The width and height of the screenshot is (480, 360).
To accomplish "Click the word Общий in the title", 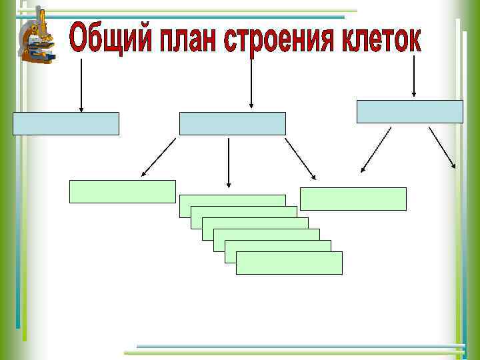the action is click(x=106, y=41).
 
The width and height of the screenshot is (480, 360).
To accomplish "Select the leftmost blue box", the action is click(x=66, y=123).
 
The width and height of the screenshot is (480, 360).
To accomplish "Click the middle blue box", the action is click(x=232, y=123).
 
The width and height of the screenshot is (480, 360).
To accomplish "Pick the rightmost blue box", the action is click(x=409, y=111).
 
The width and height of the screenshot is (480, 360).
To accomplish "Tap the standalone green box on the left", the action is click(x=123, y=191).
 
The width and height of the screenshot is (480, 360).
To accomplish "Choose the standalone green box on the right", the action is click(x=353, y=199).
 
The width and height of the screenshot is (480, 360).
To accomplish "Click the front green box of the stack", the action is click(x=289, y=263).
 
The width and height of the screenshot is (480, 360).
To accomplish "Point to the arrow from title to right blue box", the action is click(x=415, y=77).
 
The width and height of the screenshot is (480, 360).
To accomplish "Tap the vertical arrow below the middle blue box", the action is click(x=229, y=162).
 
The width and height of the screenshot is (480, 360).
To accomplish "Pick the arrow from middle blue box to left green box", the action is click(x=159, y=158).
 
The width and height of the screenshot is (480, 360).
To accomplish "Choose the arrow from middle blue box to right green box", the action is click(x=300, y=159).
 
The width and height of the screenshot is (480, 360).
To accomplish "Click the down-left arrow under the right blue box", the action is click(x=376, y=150).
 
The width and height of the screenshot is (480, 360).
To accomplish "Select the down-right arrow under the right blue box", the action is click(x=442, y=147).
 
